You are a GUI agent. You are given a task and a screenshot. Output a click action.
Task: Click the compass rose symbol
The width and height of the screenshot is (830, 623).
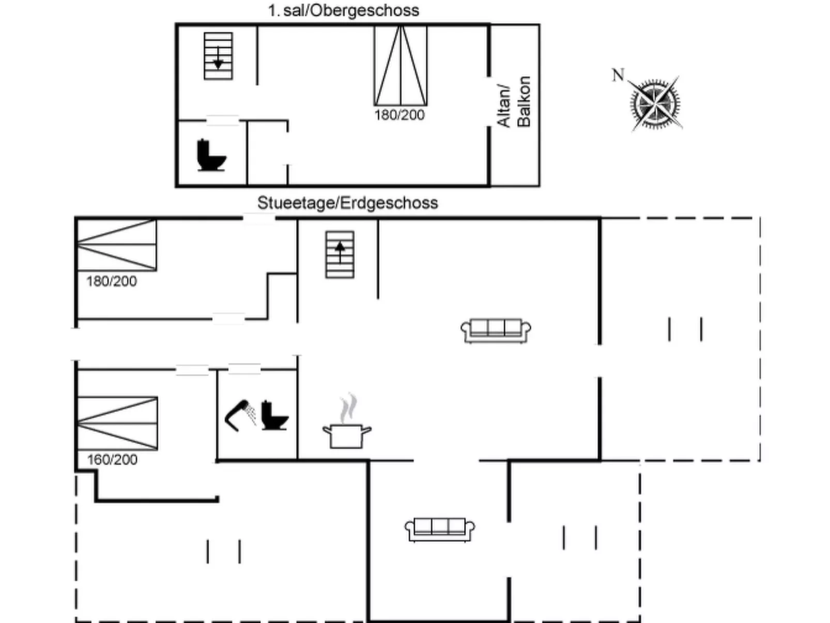point(655,103)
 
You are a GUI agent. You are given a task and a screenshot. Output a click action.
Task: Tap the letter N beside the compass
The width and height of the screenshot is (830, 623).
point(618,75)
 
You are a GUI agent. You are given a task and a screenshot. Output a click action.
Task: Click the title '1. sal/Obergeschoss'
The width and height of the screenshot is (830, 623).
point(343,10)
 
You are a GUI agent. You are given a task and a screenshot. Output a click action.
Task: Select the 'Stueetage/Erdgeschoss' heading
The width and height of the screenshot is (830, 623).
point(347,203)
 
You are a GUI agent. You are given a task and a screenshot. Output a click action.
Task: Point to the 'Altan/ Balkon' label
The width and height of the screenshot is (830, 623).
point(514,102)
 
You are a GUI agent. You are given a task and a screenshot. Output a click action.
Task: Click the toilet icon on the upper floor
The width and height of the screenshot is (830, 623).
point(211,155)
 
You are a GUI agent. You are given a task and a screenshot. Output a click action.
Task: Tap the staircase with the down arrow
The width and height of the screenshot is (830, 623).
point(218,56)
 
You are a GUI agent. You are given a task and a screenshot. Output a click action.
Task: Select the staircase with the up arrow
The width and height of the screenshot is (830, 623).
point(340,254)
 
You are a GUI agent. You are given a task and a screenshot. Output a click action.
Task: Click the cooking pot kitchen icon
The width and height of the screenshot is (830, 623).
point(347,435)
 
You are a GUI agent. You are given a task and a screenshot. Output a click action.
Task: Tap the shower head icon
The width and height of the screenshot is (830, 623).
point(241,414)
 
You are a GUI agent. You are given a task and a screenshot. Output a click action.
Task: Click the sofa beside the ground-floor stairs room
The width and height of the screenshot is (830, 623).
point(496,330)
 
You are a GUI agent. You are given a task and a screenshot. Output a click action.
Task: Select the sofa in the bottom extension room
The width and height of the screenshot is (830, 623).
point(439,530)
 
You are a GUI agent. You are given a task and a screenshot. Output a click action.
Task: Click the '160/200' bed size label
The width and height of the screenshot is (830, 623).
point(112,460)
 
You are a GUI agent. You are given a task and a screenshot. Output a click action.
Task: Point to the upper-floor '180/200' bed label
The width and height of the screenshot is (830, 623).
point(399,115)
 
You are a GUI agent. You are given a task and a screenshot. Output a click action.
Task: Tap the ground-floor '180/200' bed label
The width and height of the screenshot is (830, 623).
point(111,281)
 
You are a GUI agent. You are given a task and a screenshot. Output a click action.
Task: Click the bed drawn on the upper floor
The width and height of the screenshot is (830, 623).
point(401,66)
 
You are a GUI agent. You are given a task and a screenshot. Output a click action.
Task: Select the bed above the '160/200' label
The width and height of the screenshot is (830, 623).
point(117,423)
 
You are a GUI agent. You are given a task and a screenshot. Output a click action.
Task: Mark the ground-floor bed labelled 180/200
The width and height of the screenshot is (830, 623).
point(117,245)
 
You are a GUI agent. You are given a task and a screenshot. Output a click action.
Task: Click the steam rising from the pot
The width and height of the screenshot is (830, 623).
point(349,407)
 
